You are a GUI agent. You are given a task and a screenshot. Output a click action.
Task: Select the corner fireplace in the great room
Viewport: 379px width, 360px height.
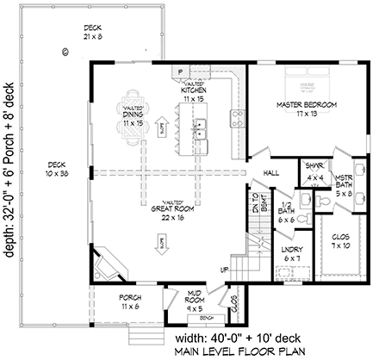[111, 262]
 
